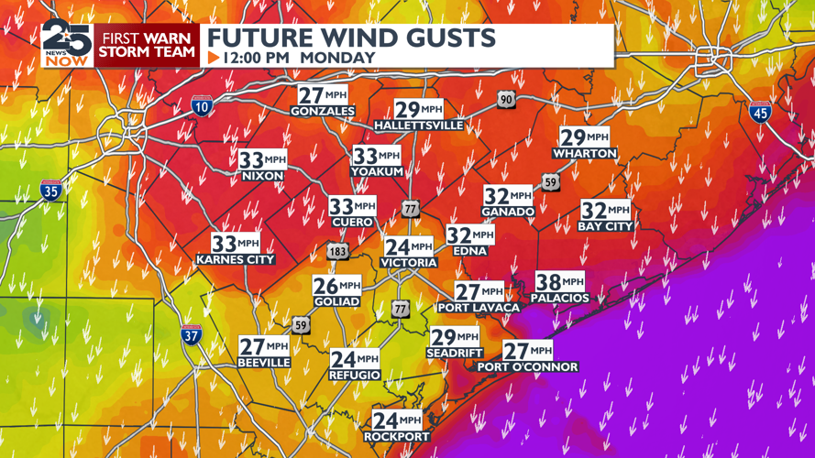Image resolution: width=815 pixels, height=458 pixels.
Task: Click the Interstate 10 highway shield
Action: point(202,106)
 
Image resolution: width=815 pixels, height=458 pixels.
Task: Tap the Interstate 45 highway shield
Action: point(759,112)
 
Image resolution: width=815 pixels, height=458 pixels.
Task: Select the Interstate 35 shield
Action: point(51,191)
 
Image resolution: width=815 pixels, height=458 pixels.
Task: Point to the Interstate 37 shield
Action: point(191,335)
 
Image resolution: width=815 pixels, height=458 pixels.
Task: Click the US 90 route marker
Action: point(506,99)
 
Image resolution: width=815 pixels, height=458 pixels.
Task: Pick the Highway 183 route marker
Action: point(337,250)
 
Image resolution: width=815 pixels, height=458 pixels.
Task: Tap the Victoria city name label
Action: point(409,263)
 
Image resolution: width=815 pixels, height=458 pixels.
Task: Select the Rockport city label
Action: point(397,437)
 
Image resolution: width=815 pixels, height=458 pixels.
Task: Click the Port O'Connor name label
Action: point(527,367)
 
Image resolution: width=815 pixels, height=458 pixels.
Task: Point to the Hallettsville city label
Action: point(419,125)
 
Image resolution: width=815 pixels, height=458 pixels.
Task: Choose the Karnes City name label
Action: point(236,260)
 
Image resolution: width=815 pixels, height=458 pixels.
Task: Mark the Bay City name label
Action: point(605,226)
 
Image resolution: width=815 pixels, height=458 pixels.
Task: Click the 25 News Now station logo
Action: point(66,43)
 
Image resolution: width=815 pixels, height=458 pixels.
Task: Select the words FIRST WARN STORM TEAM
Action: point(147,45)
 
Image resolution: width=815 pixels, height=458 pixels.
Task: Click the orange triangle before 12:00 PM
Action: point(214,58)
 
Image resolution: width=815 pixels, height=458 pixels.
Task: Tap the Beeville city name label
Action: point(264,363)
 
